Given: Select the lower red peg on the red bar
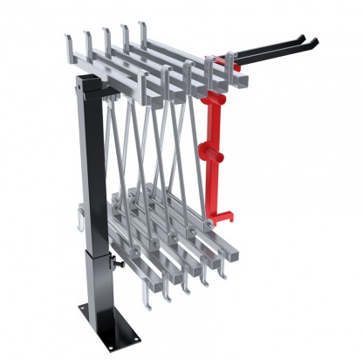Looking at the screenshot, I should tap(217, 156).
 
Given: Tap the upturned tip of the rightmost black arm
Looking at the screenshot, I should tap(313, 39).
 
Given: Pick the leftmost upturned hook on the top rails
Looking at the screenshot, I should tap(69, 41).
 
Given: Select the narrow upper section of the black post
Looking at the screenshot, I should tap(92, 157).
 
